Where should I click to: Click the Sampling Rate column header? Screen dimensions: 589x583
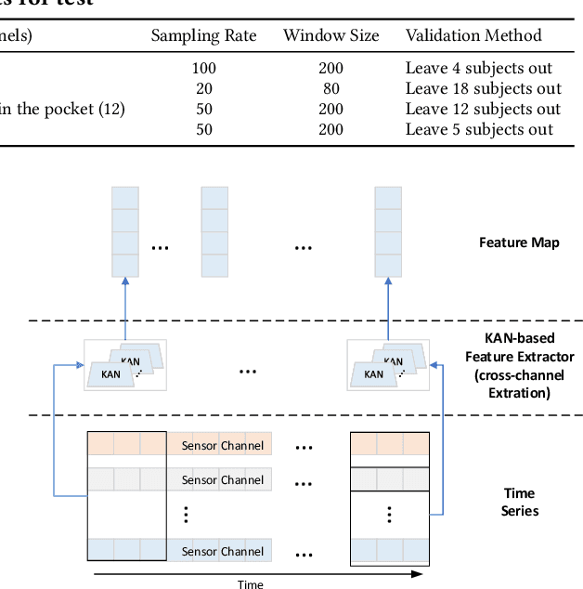click(203, 35)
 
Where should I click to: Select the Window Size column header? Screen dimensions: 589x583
click(330, 35)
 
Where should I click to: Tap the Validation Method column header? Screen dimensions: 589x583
click(473, 35)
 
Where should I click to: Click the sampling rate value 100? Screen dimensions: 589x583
click(203, 68)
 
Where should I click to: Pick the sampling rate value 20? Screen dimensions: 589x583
click(203, 88)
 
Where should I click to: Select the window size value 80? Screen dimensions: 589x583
click(330, 88)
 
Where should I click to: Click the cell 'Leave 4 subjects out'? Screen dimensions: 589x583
click(478, 68)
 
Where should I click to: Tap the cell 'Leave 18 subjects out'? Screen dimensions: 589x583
click(483, 88)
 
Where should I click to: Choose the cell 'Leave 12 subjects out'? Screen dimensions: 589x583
click(483, 109)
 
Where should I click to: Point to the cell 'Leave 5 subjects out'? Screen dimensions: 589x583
click(478, 129)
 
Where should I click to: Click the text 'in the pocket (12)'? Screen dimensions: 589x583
click(62, 109)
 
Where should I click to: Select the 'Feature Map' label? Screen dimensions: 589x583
click(519, 242)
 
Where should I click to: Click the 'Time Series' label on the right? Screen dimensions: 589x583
click(519, 502)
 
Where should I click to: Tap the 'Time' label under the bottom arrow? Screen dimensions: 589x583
click(250, 584)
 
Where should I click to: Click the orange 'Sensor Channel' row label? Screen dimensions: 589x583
click(221, 445)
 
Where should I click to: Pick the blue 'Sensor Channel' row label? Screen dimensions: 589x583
click(221, 551)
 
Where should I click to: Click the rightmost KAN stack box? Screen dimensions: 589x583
click(387, 365)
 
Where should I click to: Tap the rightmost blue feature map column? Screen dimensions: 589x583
click(388, 231)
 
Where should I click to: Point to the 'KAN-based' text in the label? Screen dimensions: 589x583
click(519, 339)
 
